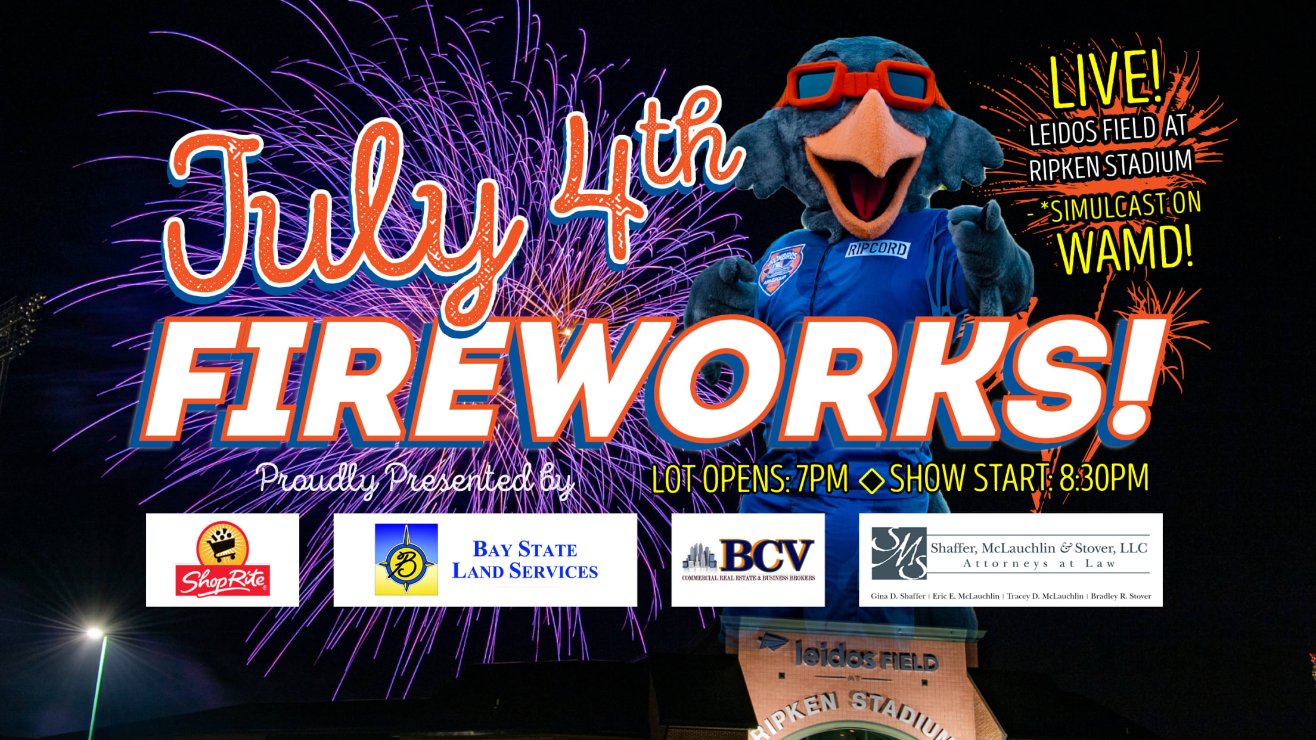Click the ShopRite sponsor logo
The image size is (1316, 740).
222,559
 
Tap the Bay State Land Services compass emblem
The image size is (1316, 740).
406,559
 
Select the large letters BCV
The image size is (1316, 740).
766,555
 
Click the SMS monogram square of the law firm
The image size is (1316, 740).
899,553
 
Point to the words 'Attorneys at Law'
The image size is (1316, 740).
1039,564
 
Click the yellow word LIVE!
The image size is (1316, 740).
1106,80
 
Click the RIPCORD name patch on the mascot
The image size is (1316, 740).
877,249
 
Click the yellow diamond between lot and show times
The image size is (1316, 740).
871,480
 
